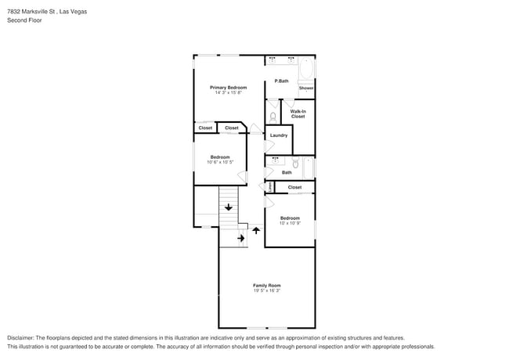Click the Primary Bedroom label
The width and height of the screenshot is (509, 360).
click(228, 88)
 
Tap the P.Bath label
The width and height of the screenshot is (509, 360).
click(281, 81)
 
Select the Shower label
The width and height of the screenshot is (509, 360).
click(305, 88)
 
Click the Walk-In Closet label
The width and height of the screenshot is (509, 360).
click(298, 113)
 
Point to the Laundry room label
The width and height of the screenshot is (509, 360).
click(278, 135)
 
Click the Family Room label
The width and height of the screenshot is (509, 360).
click(266, 285)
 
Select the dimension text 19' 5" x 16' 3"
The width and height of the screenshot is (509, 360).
click(266, 291)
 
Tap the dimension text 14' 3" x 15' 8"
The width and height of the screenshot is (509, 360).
click(228, 93)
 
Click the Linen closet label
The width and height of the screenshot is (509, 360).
click(269, 187)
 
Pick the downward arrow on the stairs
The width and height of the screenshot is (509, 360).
click(228, 207)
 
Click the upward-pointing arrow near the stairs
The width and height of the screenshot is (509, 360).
click(256, 232)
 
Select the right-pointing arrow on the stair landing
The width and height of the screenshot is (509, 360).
click(241, 237)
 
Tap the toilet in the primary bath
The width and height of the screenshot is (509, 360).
click(273, 117)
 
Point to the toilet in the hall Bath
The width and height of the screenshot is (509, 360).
click(287, 164)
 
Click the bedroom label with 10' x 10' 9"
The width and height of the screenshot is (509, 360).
click(290, 218)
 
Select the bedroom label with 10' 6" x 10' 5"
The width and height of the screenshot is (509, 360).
click(219, 157)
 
